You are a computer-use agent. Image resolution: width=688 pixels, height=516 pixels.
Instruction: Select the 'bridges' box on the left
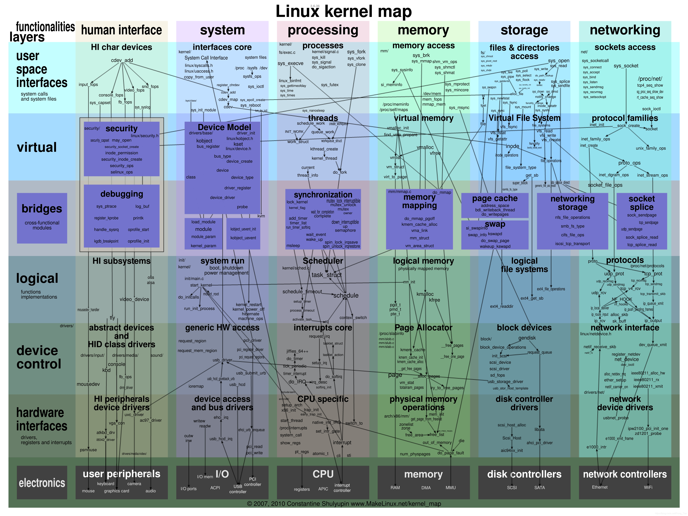[x=42, y=218]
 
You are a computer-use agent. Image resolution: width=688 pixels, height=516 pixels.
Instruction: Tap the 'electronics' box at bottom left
[x=42, y=482]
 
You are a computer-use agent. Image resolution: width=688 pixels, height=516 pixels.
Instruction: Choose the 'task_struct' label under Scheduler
[x=327, y=275]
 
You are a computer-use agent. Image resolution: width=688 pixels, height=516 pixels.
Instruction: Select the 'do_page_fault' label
[x=450, y=453]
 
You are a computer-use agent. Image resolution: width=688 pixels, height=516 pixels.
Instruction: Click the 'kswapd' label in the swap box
[x=495, y=234]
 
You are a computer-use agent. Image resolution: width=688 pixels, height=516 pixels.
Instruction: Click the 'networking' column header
[x=625, y=30]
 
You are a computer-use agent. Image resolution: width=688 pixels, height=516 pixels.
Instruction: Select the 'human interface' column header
[x=122, y=30]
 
